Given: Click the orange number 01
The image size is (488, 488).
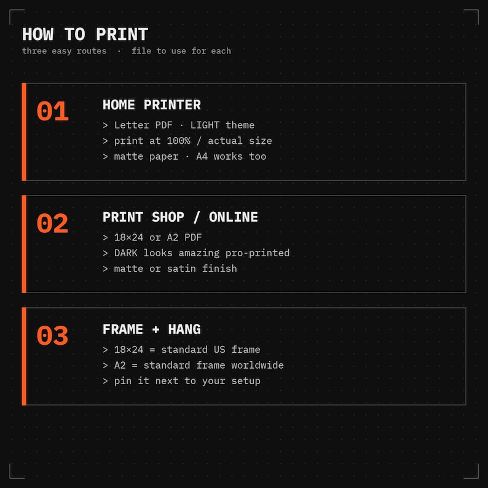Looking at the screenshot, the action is [52, 111].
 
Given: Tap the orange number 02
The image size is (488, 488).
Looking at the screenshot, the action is [52, 223].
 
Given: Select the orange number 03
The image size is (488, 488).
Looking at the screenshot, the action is [52, 336].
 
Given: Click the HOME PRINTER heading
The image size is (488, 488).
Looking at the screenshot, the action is [152, 105].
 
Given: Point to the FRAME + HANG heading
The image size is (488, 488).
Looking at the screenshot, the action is [152, 329].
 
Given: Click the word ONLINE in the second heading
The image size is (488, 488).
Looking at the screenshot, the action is [233, 217].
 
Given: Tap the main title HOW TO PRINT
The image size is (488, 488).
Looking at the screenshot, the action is [85, 34].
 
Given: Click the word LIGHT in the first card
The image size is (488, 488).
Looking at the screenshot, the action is [205, 125].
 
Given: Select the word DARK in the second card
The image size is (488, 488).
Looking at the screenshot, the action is [126, 253].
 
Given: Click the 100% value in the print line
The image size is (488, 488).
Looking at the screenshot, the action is [178, 141].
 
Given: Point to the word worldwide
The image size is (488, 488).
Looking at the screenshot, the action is [257, 365].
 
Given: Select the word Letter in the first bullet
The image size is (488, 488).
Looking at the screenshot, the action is [132, 125].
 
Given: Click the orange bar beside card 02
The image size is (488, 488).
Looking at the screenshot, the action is [24, 244].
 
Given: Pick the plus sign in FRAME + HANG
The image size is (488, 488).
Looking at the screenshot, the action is [155, 329].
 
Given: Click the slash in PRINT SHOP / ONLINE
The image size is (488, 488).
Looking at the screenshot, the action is [196, 217].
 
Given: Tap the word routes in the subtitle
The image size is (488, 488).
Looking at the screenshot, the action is [92, 51].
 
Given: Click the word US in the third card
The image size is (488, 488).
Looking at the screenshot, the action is [219, 350].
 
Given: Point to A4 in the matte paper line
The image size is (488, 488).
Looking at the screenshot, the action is [202, 156].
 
